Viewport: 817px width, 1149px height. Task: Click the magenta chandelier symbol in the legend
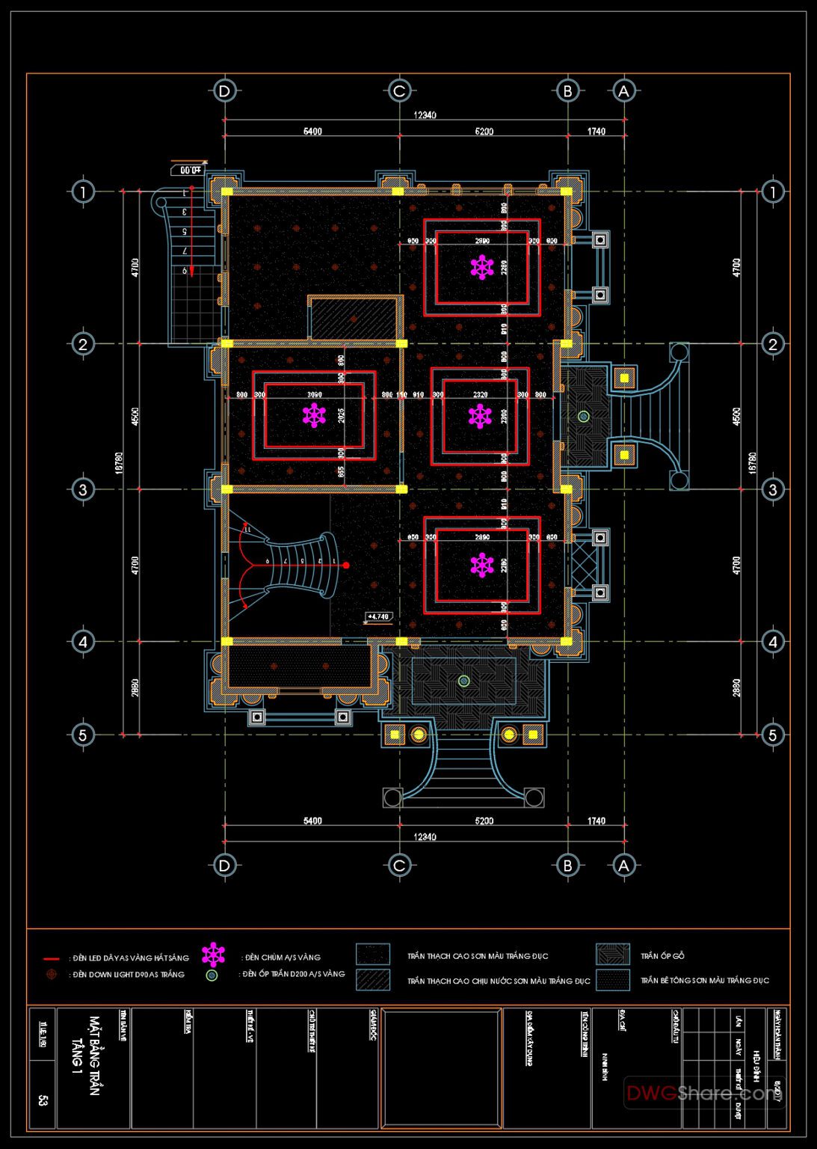(214, 955)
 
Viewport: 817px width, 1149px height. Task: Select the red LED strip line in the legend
(52, 958)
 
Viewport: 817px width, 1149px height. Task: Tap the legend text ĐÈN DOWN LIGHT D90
(128, 975)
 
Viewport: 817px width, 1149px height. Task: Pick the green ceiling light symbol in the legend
(212, 975)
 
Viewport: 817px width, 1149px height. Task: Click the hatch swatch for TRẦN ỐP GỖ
(612, 955)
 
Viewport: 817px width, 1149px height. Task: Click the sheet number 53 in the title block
(42, 1101)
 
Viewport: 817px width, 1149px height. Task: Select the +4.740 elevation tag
(378, 617)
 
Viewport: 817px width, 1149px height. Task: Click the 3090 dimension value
(315, 394)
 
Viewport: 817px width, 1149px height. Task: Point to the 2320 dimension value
(480, 394)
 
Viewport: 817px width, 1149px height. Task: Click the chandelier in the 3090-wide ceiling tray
(315, 415)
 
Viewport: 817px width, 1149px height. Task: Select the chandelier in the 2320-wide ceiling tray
(480, 416)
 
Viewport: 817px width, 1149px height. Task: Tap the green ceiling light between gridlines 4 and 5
(463, 681)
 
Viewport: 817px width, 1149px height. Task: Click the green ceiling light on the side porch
(583, 416)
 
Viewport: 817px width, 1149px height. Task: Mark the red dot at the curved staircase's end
(346, 566)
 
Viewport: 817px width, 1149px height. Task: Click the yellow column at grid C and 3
(401, 489)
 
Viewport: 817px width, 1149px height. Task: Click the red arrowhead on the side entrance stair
(191, 272)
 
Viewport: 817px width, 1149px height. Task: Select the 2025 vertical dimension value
(342, 416)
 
